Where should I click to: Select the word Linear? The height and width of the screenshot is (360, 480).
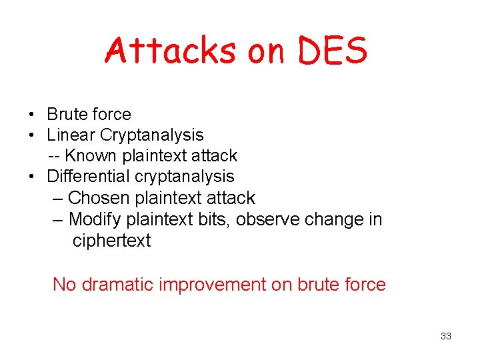click(71, 135)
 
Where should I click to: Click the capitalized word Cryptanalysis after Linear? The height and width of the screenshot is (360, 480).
click(152, 135)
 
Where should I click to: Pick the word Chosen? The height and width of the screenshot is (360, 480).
click(99, 198)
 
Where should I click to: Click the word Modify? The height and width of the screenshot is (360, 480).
click(99, 219)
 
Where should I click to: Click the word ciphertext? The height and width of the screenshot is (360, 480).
click(111, 241)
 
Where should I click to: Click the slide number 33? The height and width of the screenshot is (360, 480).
click(446, 336)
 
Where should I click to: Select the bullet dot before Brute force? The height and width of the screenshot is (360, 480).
click(32, 115)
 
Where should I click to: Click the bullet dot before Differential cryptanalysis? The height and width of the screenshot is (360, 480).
click(32, 177)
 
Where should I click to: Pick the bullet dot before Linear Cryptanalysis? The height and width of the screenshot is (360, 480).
click(32, 135)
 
